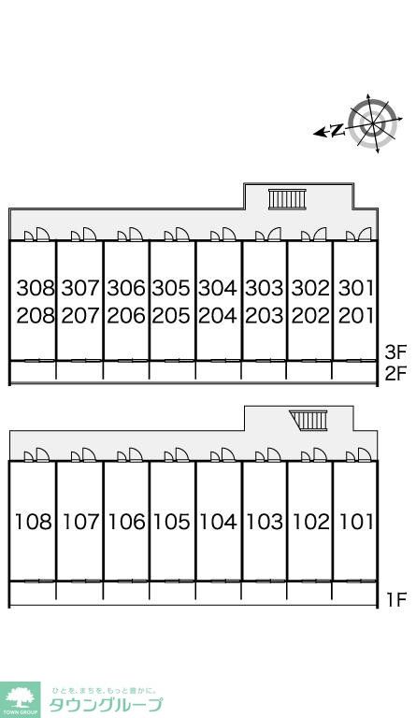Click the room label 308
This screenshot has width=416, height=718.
point(36,288)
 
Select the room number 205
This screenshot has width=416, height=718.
point(171,315)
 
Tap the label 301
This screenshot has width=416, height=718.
point(356,288)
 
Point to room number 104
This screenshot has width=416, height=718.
point(218,522)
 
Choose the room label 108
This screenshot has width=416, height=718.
point(34,522)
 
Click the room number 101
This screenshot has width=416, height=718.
point(356,522)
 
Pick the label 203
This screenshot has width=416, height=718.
point(264,315)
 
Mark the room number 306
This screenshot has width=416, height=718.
point(126,288)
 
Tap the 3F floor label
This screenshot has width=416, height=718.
point(395,352)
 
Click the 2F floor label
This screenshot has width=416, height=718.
point(395,374)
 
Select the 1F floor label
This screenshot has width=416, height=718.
point(396,599)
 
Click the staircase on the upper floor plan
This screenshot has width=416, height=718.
point(287,199)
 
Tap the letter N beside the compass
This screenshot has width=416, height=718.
point(337,131)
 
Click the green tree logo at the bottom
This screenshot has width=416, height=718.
point(20,699)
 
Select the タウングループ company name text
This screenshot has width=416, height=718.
point(106,705)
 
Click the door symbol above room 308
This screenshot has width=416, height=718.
point(36,234)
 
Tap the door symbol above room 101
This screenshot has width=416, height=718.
point(358,456)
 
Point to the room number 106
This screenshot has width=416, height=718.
point(127,522)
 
